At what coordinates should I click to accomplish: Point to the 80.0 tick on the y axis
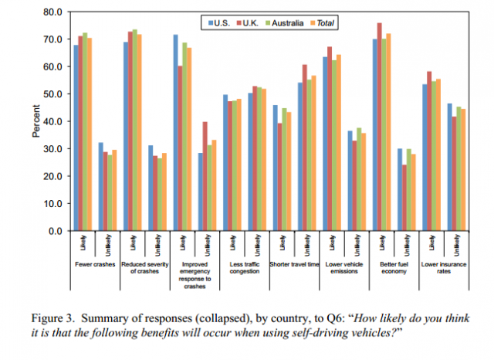click(x=51, y=12)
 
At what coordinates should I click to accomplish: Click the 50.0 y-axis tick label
click(x=51, y=94)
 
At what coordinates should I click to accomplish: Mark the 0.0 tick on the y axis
click(x=54, y=231)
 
